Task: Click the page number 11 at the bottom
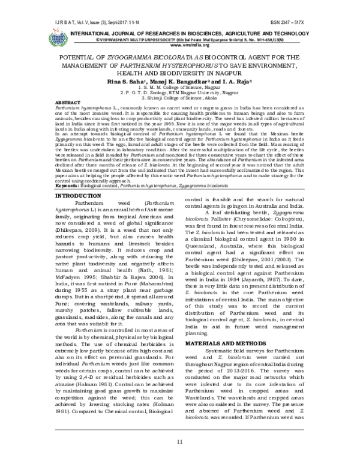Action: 179,443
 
